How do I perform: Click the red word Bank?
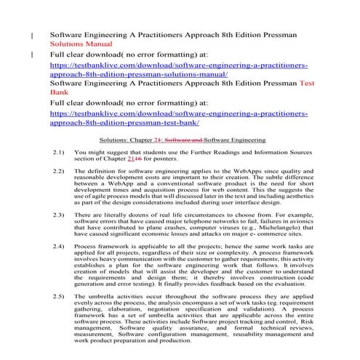(57, 93)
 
